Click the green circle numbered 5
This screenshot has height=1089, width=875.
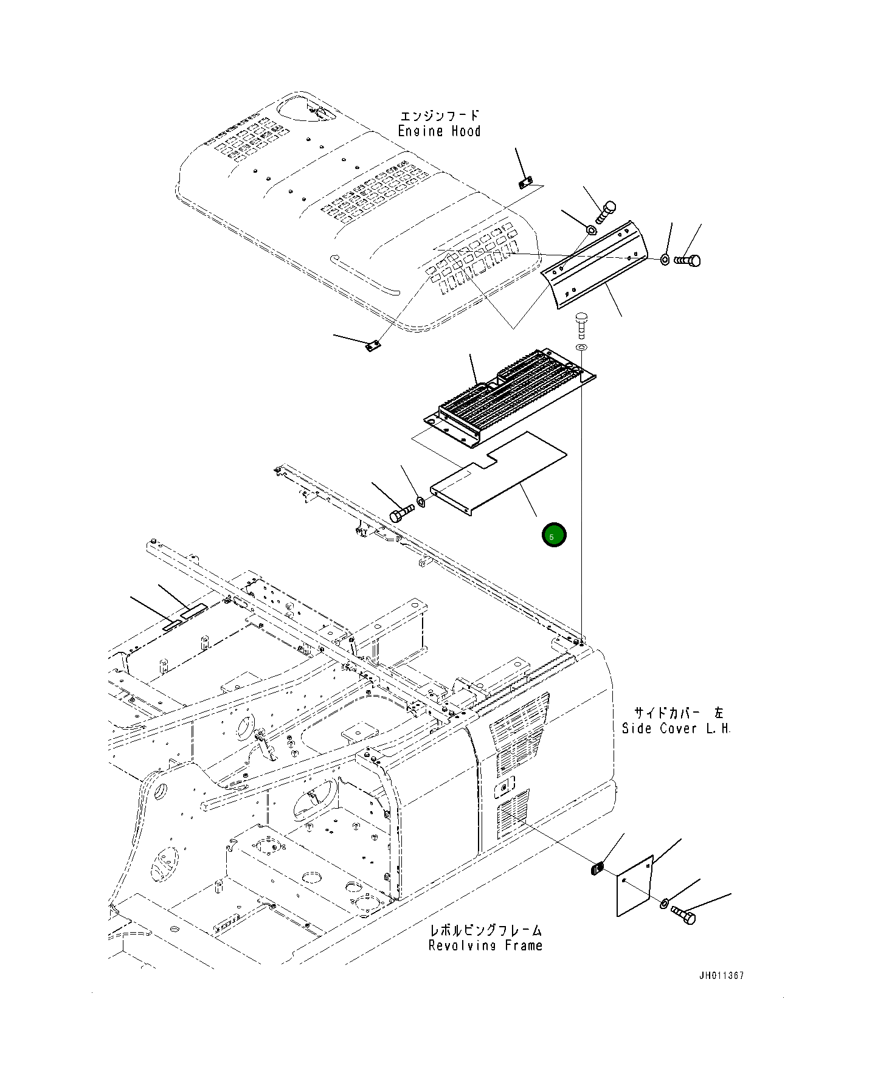pos(554,535)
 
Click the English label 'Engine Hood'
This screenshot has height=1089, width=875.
pos(439,131)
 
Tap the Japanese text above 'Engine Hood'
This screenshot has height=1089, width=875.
pos(439,116)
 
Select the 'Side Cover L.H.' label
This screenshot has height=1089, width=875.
pos(676,728)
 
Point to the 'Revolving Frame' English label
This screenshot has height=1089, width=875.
pos(485,945)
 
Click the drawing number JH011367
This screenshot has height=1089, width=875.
pos(721,975)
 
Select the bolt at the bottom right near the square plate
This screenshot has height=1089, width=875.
pos(683,914)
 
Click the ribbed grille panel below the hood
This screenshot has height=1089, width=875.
pos(510,392)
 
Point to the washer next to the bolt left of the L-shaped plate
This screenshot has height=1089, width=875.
pos(420,502)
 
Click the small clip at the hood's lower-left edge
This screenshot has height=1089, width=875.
pos(372,347)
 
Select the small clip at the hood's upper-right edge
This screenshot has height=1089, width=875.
pos(525,182)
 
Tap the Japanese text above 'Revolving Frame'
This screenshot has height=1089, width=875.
pos(485,930)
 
